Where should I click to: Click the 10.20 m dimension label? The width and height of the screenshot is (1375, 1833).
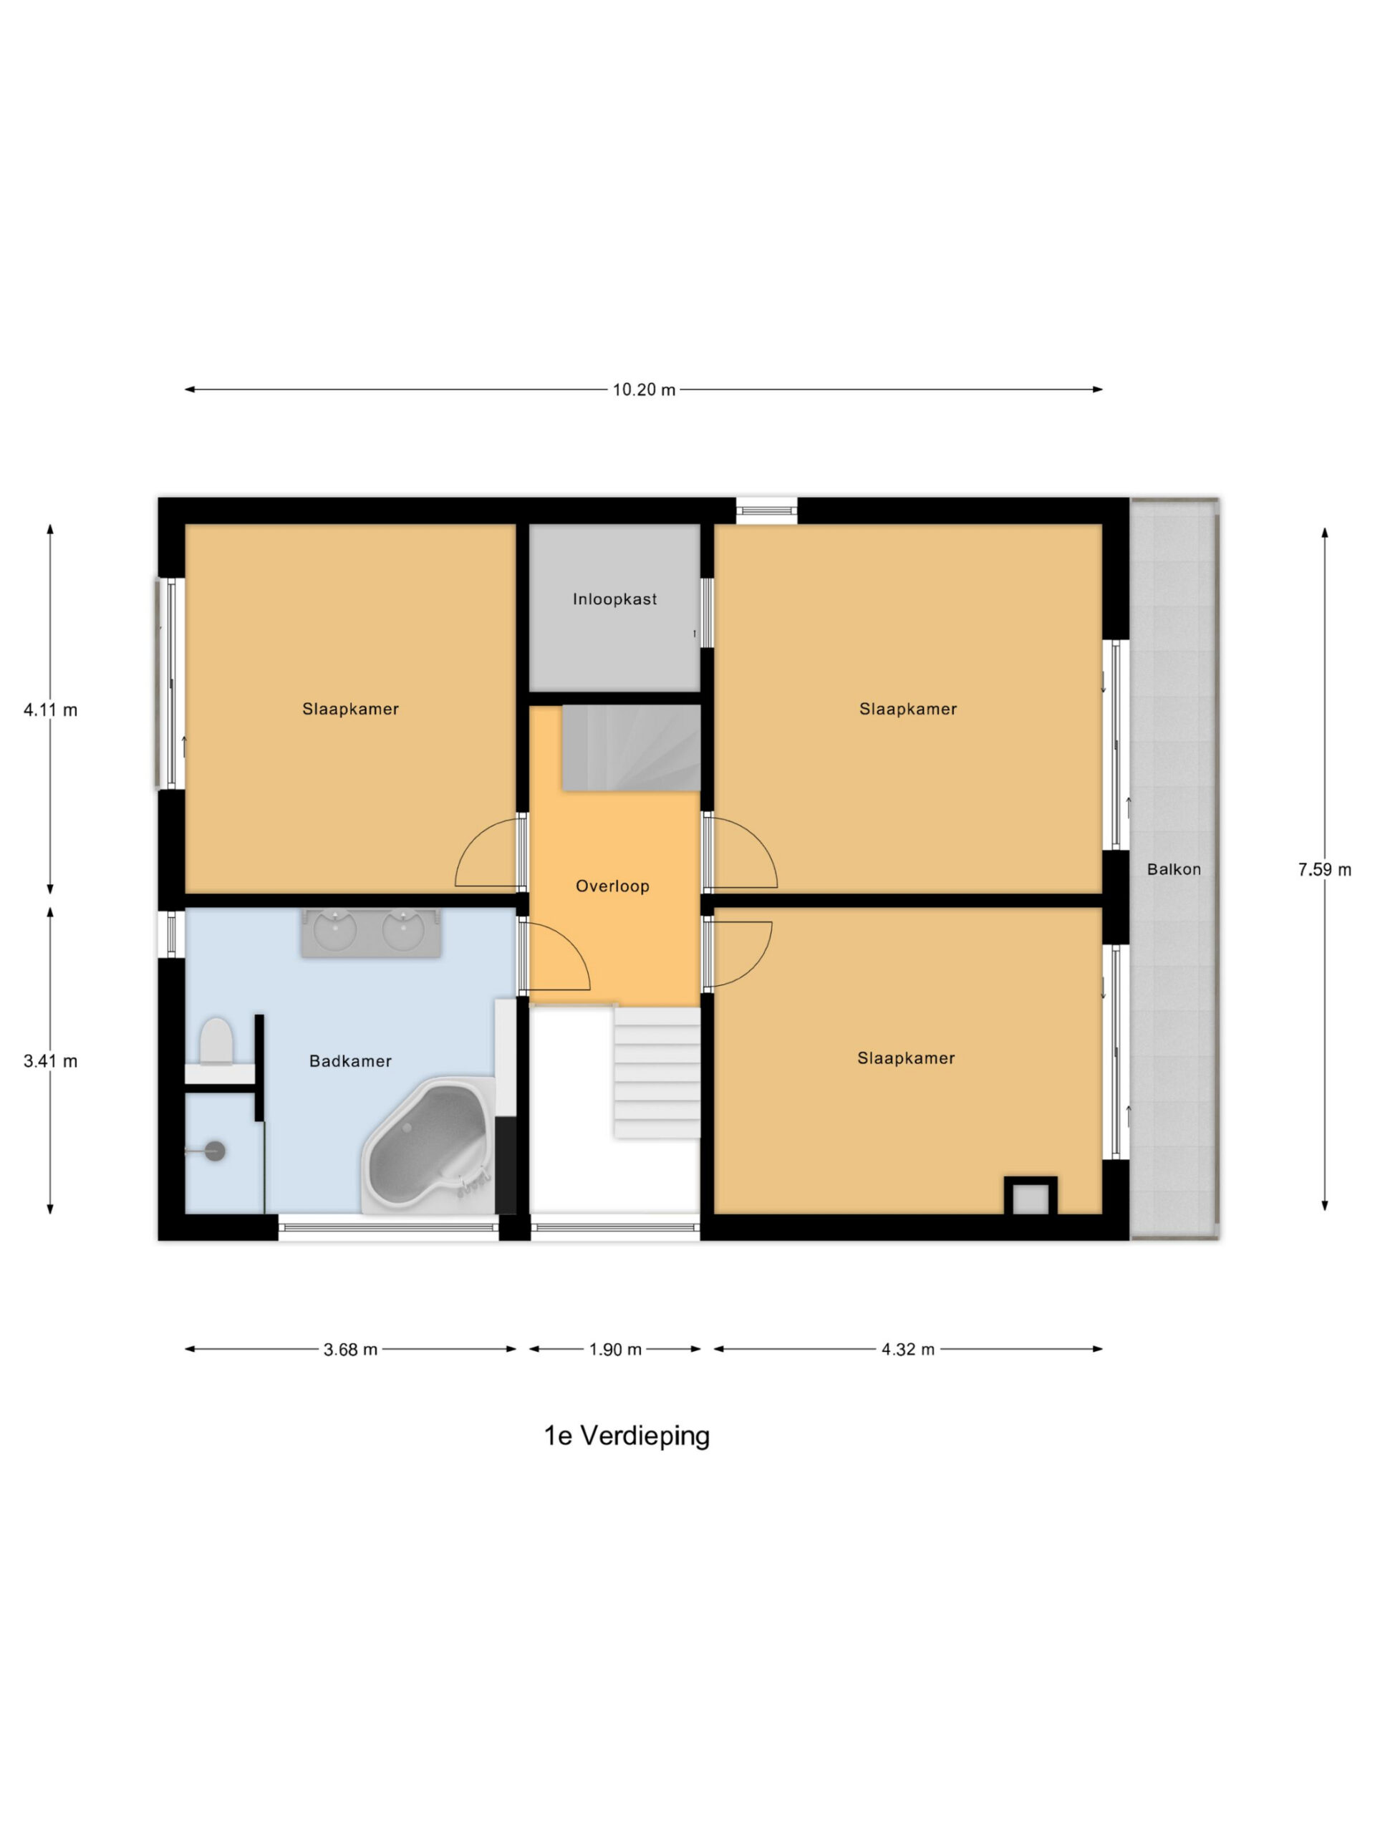click(x=644, y=390)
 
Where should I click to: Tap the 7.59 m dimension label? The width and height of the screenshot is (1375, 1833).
click(x=1324, y=869)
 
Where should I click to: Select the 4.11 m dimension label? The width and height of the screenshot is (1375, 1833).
click(x=51, y=710)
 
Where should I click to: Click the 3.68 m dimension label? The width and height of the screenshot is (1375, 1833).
click(x=351, y=1349)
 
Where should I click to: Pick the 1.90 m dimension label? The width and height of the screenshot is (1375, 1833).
click(x=616, y=1349)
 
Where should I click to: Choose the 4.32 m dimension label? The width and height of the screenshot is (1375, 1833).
click(x=907, y=1349)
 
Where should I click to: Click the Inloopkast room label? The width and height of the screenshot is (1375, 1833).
click(x=615, y=599)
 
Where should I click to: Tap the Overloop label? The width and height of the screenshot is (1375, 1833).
click(x=612, y=886)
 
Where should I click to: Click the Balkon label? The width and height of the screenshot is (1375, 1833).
click(x=1174, y=869)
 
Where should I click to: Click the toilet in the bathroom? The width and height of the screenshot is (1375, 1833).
click(x=217, y=1041)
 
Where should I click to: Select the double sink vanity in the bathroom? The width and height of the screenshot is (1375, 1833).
click(x=370, y=933)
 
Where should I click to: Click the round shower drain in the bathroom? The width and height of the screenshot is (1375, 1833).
click(x=215, y=1151)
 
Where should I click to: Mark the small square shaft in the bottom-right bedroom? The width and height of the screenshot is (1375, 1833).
click(x=1031, y=1196)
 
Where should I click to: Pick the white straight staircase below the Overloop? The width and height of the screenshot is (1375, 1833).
click(x=657, y=1073)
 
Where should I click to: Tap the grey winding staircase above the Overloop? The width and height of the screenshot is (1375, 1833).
click(x=632, y=748)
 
